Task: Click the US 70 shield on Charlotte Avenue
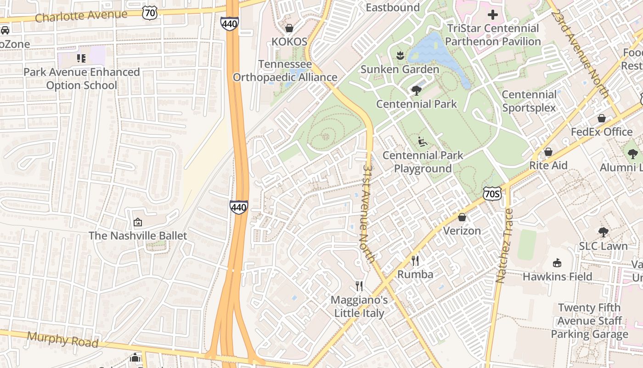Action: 150,13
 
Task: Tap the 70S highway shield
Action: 491,194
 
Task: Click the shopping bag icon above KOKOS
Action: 289,29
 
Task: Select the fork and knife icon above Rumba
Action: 415,261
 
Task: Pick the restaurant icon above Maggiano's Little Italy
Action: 359,286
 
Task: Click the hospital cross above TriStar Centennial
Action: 493,15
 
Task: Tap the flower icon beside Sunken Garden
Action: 400,56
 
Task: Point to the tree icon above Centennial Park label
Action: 417,90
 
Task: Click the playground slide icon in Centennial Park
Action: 423,142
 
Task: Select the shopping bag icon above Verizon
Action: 462,217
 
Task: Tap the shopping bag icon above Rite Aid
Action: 548,152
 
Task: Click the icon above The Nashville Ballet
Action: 137,222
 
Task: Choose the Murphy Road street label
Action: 62,339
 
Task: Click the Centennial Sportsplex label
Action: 529,101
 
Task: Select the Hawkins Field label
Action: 557,276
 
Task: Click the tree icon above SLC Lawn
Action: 603,232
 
